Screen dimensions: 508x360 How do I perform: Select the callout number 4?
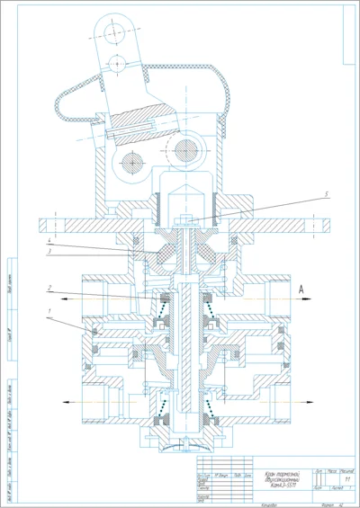[49, 241]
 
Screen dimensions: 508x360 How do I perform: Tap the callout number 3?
[49, 252]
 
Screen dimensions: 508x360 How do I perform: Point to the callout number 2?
[49, 290]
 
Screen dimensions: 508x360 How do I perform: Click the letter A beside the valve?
[303, 290]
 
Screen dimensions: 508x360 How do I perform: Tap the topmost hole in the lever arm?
[113, 33]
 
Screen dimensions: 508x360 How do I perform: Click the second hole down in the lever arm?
[115, 64]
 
